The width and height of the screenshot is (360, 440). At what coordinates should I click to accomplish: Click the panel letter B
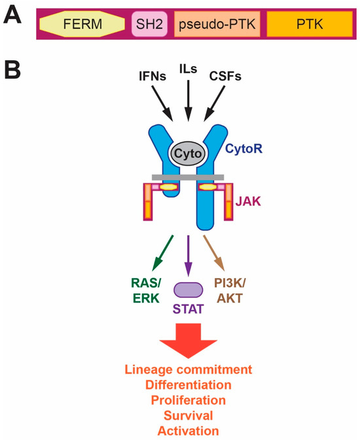pyautogui.click(x=14, y=71)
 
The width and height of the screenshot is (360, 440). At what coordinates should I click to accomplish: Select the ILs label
pyautogui.click(x=188, y=68)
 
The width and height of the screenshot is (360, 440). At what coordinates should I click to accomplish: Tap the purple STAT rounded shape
pyautogui.click(x=188, y=289)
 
